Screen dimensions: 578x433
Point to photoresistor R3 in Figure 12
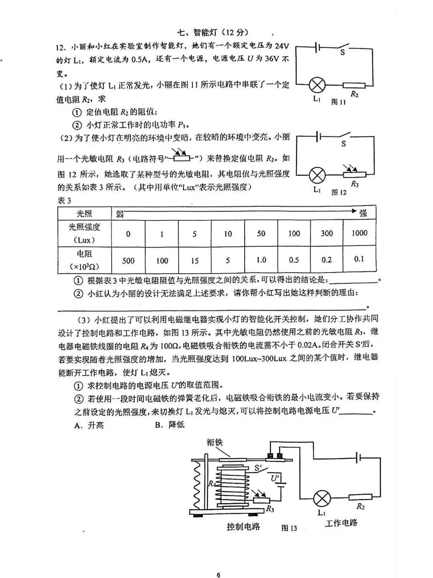coord(354,174)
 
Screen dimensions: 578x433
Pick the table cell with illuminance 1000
coord(359,233)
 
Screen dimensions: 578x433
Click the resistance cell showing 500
coord(128,261)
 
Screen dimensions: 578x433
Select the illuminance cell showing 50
coord(261,233)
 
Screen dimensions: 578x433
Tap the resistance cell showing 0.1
coord(359,259)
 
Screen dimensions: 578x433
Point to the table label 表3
coord(64,201)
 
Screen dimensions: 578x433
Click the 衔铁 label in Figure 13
coord(215,442)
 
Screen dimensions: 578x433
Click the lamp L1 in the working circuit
coord(322,499)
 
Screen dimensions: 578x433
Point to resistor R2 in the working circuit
coord(360,497)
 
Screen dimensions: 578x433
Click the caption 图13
coord(289,528)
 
